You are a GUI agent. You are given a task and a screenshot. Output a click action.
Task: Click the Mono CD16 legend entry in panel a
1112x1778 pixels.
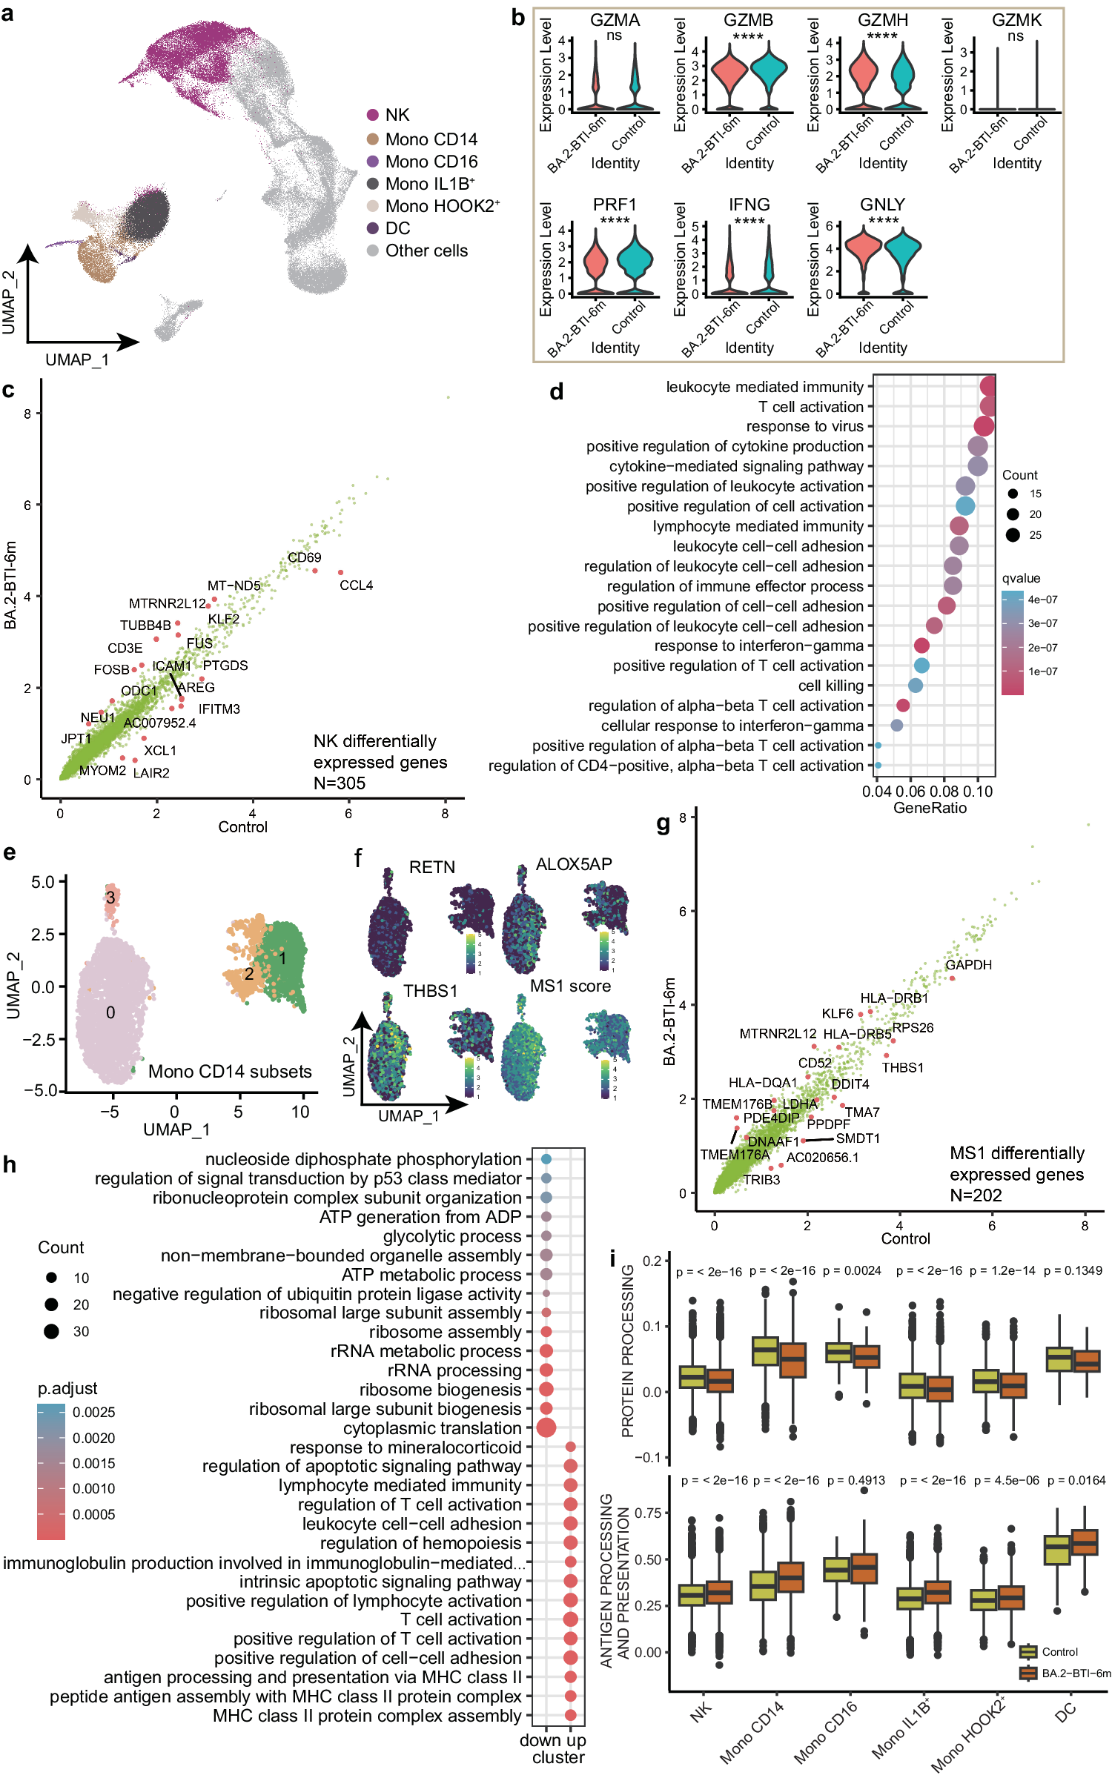tap(431, 162)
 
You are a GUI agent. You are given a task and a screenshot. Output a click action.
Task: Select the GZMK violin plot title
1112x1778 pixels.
tap(1016, 20)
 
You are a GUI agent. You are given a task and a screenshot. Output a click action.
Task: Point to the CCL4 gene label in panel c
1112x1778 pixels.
tap(356, 586)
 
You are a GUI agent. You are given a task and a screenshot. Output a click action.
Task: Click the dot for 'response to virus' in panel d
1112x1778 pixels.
tap(984, 426)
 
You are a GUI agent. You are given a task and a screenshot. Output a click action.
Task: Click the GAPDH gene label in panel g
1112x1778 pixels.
tap(968, 965)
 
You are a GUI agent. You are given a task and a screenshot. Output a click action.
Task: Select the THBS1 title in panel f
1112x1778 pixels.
tap(430, 991)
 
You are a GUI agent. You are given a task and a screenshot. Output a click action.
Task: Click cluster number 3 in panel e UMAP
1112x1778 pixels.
tap(110, 898)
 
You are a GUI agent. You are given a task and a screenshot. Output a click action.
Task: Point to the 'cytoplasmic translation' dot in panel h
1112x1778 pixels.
tap(546, 1427)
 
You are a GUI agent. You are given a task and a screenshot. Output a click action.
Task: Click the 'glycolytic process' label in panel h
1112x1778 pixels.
tap(452, 1236)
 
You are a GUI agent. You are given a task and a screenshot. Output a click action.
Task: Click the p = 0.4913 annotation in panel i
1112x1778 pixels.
tap(855, 1480)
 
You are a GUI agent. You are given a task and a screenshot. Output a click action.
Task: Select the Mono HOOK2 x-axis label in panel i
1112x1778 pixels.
tap(967, 1734)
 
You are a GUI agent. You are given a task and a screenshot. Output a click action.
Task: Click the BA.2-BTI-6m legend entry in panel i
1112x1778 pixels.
tap(1076, 1673)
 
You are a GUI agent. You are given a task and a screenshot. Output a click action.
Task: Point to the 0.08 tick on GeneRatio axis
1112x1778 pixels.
tap(944, 792)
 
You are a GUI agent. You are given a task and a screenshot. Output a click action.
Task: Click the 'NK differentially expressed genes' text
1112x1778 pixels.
tap(380, 762)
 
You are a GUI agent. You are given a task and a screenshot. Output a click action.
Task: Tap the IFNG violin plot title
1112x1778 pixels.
tap(749, 205)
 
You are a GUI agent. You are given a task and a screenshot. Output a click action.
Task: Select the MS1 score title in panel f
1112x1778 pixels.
tap(570, 986)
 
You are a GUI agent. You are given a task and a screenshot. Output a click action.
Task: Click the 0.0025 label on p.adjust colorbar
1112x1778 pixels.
tap(93, 1413)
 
